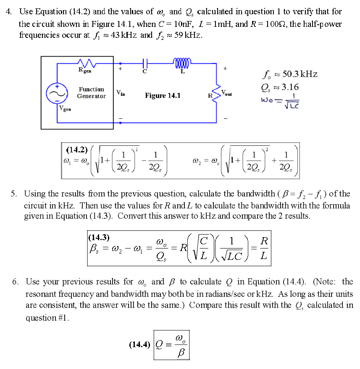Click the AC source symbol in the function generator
tap(58, 95)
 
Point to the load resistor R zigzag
tap(217, 93)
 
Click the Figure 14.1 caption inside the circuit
tap(163, 96)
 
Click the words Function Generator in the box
tap(91, 93)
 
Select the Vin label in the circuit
tap(120, 92)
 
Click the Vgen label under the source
tap(65, 110)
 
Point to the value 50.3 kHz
tap(300, 74)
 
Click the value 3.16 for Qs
tap(290, 87)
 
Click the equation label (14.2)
tap(77, 149)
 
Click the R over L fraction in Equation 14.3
tap(263, 248)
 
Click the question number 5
tap(14, 194)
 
